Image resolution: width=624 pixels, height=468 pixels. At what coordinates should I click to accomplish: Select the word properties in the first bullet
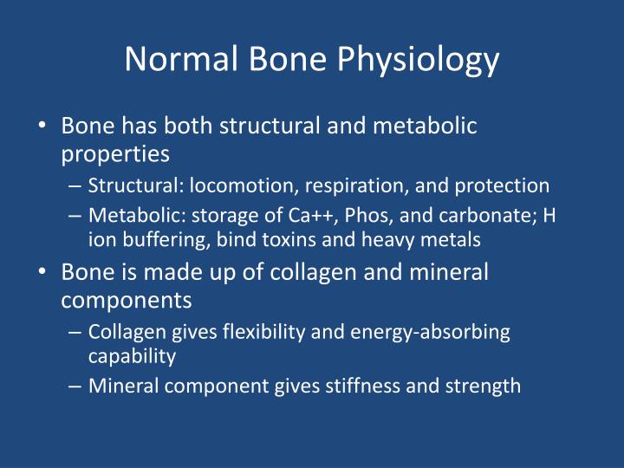point(115,154)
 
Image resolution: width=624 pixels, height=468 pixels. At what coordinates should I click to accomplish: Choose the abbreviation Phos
point(356,216)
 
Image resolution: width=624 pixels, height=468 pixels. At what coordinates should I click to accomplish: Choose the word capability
point(132,356)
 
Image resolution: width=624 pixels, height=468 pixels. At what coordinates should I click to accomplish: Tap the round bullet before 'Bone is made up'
point(43,272)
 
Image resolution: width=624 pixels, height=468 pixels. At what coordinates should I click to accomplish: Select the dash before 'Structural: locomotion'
point(75,185)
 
